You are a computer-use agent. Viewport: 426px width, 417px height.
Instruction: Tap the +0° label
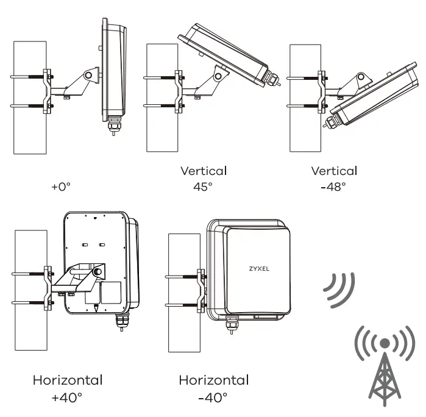tap(63, 187)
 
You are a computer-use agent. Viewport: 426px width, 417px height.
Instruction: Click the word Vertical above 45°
tap(203, 171)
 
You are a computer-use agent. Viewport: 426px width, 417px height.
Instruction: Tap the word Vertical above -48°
tap(333, 171)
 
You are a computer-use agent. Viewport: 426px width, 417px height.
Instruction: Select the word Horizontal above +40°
tap(67, 380)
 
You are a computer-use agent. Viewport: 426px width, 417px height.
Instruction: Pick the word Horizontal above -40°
tap(213, 380)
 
